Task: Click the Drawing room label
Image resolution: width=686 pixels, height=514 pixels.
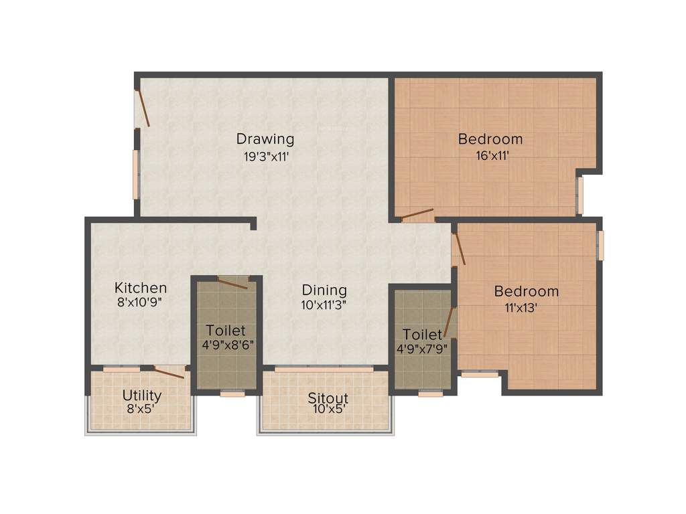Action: pyautogui.click(x=265, y=139)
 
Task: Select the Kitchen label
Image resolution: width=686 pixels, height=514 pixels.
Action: pyautogui.click(x=140, y=288)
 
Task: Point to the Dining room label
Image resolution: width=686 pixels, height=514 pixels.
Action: pyautogui.click(x=324, y=290)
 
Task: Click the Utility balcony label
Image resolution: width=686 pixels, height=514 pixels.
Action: pyautogui.click(x=142, y=395)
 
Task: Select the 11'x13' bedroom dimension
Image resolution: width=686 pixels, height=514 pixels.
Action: pyautogui.click(x=527, y=308)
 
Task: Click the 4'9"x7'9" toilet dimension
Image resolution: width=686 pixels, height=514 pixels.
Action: pyautogui.click(x=422, y=349)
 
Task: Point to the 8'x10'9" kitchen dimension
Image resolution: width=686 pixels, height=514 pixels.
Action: pyautogui.click(x=140, y=303)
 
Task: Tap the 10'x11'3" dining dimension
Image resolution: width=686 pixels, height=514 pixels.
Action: pyautogui.click(x=324, y=305)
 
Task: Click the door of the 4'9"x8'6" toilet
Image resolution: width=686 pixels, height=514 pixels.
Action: pyautogui.click(x=232, y=283)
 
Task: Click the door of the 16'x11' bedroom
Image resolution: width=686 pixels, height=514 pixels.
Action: pyautogui.click(x=417, y=215)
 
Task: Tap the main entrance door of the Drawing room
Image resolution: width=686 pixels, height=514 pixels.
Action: pyautogui.click(x=142, y=108)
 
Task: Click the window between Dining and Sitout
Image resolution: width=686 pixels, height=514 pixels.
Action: pyautogui.click(x=324, y=369)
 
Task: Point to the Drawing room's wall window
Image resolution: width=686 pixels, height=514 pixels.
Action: pyautogui.click(x=135, y=174)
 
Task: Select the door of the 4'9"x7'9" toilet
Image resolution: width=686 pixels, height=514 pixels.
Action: pyautogui.click(x=450, y=322)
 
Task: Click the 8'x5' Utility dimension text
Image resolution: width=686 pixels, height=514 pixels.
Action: pyautogui.click(x=142, y=408)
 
